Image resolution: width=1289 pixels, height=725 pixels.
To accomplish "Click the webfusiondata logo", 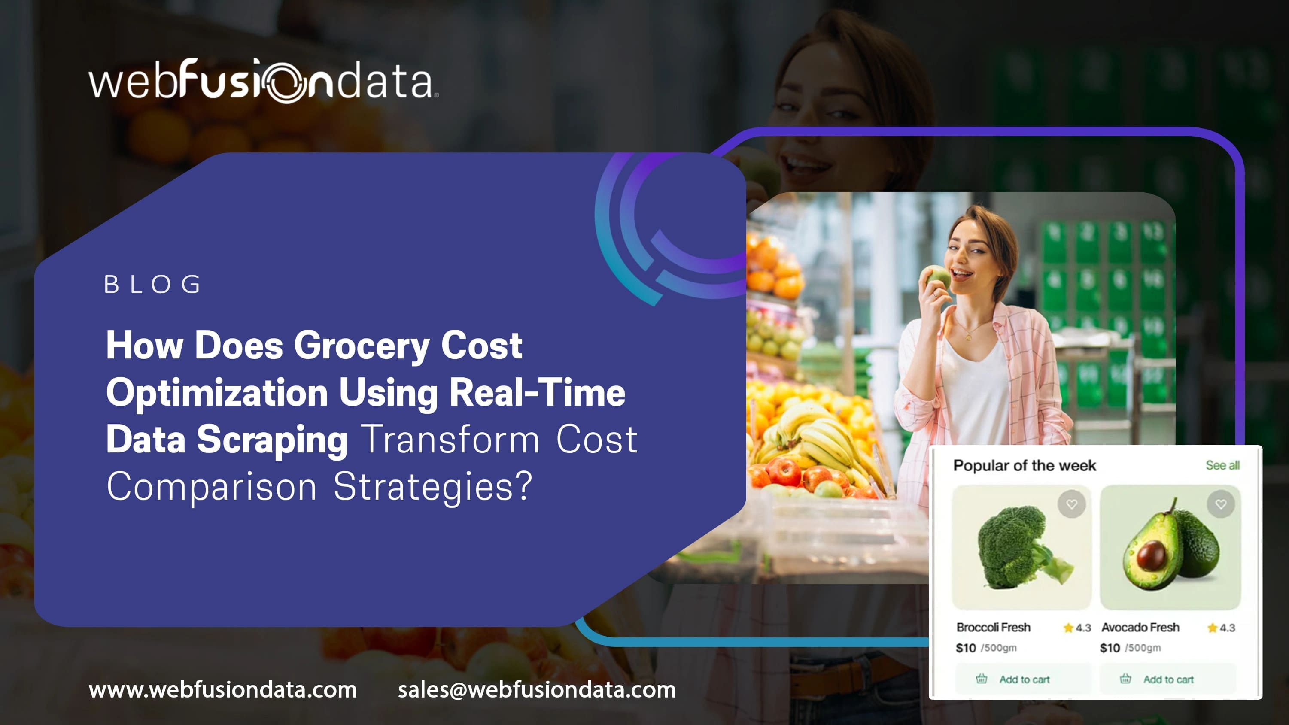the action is coord(264,81).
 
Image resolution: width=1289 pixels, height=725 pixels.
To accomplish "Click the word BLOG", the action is coord(152,285).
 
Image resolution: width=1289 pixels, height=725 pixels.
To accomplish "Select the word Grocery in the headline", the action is coord(361,346).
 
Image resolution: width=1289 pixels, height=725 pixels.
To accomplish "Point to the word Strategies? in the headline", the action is coord(432,486).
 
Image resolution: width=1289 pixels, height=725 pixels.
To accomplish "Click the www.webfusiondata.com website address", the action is coord(223,689).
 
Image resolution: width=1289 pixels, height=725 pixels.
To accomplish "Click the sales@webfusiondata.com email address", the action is coord(537,689).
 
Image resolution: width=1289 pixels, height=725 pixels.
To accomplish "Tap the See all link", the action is coord(1222,465).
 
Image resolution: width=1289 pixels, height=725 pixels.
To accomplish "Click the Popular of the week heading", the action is coord(1025,465).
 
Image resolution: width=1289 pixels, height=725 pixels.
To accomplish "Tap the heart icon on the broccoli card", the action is coord(1071,504).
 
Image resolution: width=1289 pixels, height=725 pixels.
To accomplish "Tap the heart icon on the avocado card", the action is coord(1221,504).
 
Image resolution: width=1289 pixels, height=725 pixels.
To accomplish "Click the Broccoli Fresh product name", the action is coord(993,627).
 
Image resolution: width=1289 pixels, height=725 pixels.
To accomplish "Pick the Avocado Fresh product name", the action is coord(1140,627).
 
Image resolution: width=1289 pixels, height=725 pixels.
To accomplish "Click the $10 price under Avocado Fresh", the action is coord(1110,648).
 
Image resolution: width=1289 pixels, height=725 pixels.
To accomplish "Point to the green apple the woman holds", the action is coord(937,277).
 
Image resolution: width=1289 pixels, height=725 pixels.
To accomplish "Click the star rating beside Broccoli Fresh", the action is coord(1077,628).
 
